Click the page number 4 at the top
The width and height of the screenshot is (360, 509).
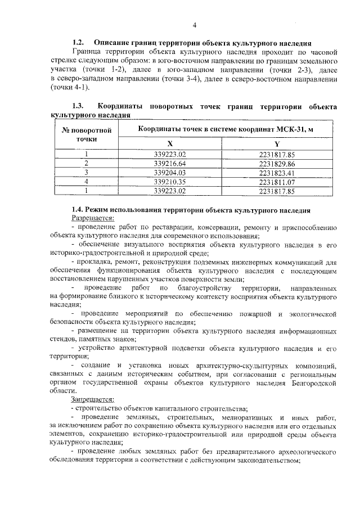194,25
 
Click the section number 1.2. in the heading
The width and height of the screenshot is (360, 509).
78,43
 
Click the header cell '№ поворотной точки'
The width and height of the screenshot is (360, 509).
87,134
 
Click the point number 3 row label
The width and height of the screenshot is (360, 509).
87,172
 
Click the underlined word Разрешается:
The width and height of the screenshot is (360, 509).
93,218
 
